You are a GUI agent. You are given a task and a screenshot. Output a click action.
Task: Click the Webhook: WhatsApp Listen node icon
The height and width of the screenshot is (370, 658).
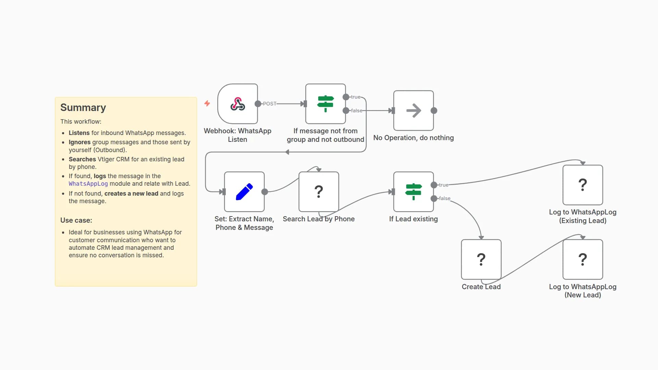tap(237, 104)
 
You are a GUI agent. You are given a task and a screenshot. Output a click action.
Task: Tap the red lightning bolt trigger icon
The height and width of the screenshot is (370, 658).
tap(207, 103)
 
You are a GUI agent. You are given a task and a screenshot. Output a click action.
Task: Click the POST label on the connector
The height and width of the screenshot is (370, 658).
tap(269, 104)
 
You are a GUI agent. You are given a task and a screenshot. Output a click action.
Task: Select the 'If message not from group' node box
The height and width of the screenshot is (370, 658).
tap(325, 104)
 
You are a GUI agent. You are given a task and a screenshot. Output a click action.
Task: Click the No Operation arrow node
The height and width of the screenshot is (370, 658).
tap(413, 111)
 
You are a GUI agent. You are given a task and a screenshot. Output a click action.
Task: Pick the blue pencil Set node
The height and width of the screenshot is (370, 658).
tap(244, 192)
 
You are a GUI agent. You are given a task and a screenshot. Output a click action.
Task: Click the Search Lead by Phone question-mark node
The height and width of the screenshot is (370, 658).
tap(318, 192)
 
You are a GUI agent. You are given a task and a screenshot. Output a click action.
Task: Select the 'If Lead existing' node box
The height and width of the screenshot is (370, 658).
tap(413, 192)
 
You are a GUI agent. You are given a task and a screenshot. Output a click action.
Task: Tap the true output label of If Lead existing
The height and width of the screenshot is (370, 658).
tap(443, 185)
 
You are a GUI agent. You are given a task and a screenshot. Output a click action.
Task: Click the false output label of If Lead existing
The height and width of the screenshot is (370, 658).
tap(444, 198)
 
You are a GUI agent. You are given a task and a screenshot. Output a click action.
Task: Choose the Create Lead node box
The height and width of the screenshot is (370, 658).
tap(481, 259)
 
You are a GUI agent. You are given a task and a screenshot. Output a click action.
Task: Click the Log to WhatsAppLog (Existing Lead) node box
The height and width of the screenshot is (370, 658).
tap(582, 185)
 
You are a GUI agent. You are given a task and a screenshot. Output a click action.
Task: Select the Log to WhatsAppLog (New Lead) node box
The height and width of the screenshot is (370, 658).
tap(582, 259)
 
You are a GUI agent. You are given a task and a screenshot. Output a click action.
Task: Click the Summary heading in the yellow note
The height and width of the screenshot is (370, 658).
tap(83, 108)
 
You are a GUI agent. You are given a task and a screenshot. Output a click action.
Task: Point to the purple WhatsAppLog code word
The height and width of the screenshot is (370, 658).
tap(88, 184)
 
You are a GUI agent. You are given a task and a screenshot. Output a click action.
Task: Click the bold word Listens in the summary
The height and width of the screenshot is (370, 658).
tap(79, 133)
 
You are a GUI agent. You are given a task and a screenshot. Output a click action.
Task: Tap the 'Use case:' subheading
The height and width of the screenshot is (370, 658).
tap(76, 220)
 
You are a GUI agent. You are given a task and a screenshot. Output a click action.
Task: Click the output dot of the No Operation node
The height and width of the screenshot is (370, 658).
tap(434, 111)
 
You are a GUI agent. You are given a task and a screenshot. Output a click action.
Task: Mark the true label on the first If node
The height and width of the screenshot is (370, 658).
tap(355, 97)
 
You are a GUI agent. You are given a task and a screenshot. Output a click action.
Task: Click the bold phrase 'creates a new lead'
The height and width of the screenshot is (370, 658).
tap(131, 194)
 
